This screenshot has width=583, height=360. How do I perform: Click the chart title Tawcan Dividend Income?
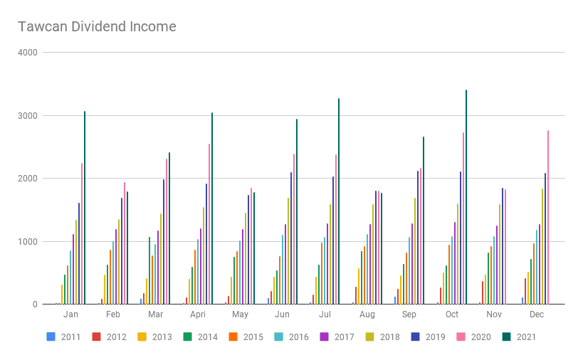tap(97, 27)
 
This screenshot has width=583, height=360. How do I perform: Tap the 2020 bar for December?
tap(548, 217)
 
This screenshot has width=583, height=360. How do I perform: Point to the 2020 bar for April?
tap(209, 224)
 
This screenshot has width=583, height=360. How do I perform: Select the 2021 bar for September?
tap(424, 221)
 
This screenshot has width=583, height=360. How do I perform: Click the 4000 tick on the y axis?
tap(29, 53)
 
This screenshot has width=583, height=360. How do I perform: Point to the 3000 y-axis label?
tap(29, 115)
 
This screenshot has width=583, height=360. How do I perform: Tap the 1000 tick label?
tap(29, 241)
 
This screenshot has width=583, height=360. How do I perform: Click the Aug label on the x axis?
tap(367, 314)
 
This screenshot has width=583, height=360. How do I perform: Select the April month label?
tap(198, 314)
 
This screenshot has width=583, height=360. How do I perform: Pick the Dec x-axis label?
tap(537, 314)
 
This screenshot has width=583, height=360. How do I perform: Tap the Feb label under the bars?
tap(113, 314)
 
